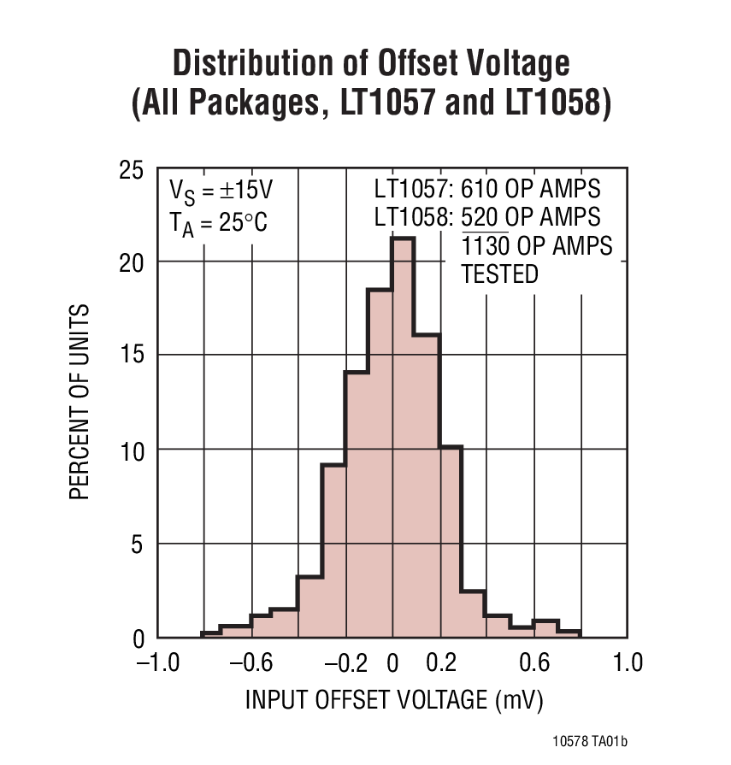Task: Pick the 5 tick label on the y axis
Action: tap(137, 544)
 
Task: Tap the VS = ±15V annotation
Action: tap(221, 190)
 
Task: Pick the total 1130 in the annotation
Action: tap(486, 246)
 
